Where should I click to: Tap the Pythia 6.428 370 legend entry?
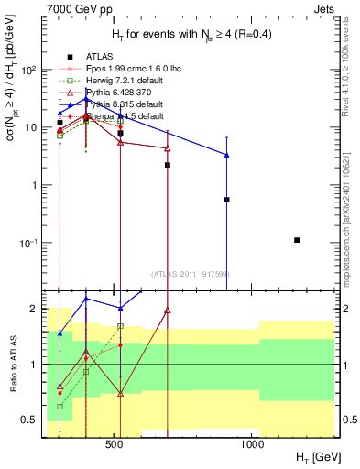108,92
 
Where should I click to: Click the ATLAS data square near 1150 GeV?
297,240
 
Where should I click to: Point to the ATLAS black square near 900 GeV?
226,199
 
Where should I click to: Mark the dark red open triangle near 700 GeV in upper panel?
168,147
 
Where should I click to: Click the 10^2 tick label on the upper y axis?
30,70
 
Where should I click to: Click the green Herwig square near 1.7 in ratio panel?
120,326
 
